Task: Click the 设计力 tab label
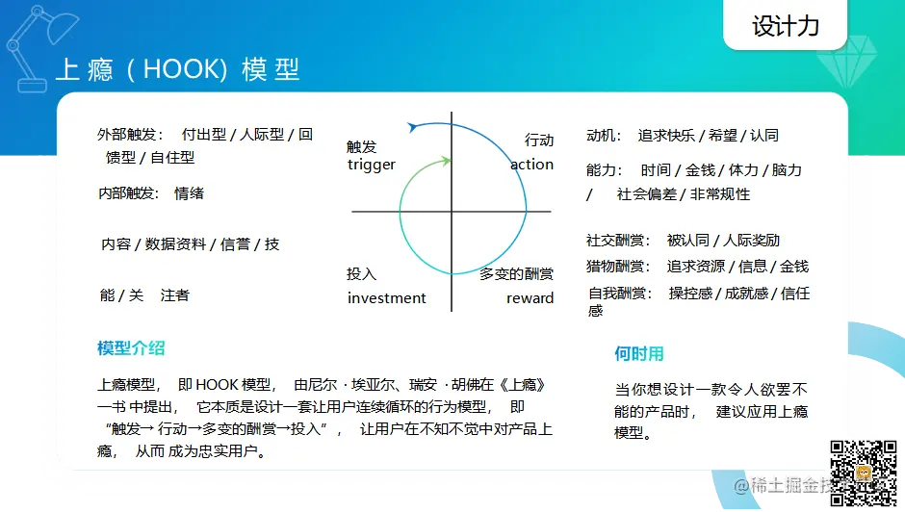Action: pos(785,26)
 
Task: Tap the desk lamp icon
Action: pos(40,48)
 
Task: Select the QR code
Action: pos(864,473)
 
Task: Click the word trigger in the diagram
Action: pos(371,166)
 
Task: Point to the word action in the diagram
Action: pos(531,165)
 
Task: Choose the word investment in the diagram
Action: pos(386,297)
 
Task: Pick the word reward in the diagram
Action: pos(530,297)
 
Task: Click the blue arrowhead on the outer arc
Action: pos(412,126)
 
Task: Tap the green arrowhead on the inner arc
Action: pos(445,161)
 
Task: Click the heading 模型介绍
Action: pos(131,348)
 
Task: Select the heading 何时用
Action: pos(639,353)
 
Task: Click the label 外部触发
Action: pos(126,135)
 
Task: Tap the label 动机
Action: pos(600,136)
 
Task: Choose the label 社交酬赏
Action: pos(614,241)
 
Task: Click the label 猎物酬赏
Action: pos(614,266)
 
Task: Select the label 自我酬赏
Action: pos(616,294)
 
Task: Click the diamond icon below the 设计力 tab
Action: pos(846,62)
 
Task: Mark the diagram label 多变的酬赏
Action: pos(517,273)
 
